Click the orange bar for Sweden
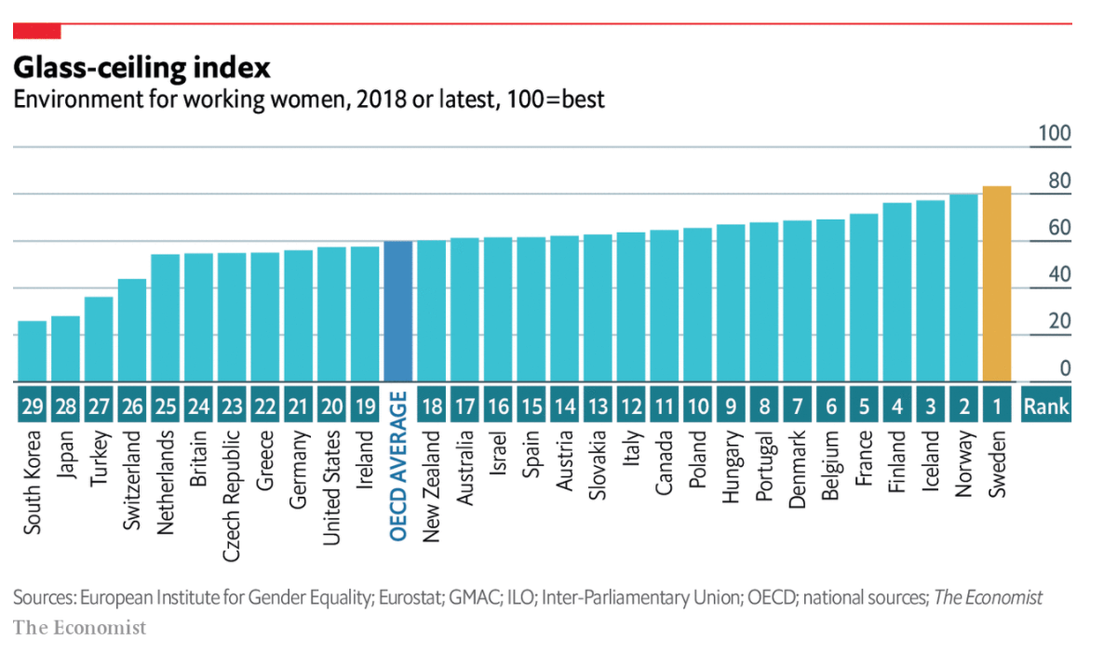tap(996, 284)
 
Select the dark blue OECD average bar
tap(398, 312)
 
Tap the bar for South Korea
tap(32, 352)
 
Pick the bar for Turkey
tap(99, 340)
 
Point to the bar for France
tap(864, 298)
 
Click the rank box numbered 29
tap(32, 406)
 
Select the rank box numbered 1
tap(996, 406)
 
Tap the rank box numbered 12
tap(631, 406)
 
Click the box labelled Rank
tap(1046, 406)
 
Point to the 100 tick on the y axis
tap(1055, 134)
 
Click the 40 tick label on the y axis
tap(1059, 275)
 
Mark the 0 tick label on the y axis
tap(1065, 369)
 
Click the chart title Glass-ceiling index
tap(141, 68)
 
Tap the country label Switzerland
tap(132, 481)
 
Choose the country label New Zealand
tap(432, 478)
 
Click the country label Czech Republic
tap(232, 496)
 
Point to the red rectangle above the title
tap(36, 32)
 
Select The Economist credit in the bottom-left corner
tap(80, 628)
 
